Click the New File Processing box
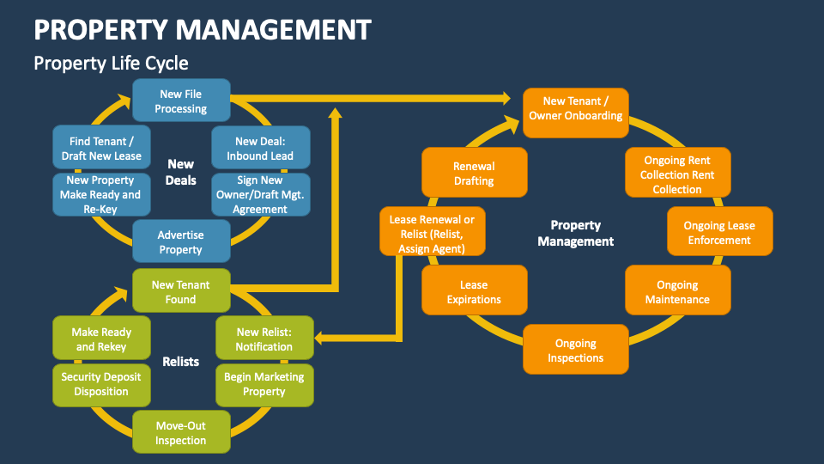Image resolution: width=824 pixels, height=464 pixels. point(181,101)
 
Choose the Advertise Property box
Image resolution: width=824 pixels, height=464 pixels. point(181,241)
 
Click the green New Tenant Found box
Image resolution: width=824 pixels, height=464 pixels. point(181,291)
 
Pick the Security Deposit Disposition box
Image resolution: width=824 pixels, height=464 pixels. point(100,384)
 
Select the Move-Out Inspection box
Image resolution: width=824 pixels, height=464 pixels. point(181,432)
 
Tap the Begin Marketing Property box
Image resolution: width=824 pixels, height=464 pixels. point(264,384)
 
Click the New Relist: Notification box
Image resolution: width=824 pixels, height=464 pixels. point(264,339)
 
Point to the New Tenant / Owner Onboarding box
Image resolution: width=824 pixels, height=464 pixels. point(576,108)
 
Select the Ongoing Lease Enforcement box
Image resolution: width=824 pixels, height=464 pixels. point(719,233)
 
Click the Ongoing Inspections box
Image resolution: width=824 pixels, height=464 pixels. point(576,350)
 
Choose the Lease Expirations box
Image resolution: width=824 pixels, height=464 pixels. point(474,291)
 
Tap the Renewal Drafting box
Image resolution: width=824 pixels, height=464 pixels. point(474,174)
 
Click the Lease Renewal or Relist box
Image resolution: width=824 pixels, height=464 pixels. point(432,233)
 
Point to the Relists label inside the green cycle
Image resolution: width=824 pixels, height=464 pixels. point(181,362)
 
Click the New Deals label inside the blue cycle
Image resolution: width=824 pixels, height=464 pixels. point(181,172)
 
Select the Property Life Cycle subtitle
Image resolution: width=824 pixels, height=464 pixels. point(111,64)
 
